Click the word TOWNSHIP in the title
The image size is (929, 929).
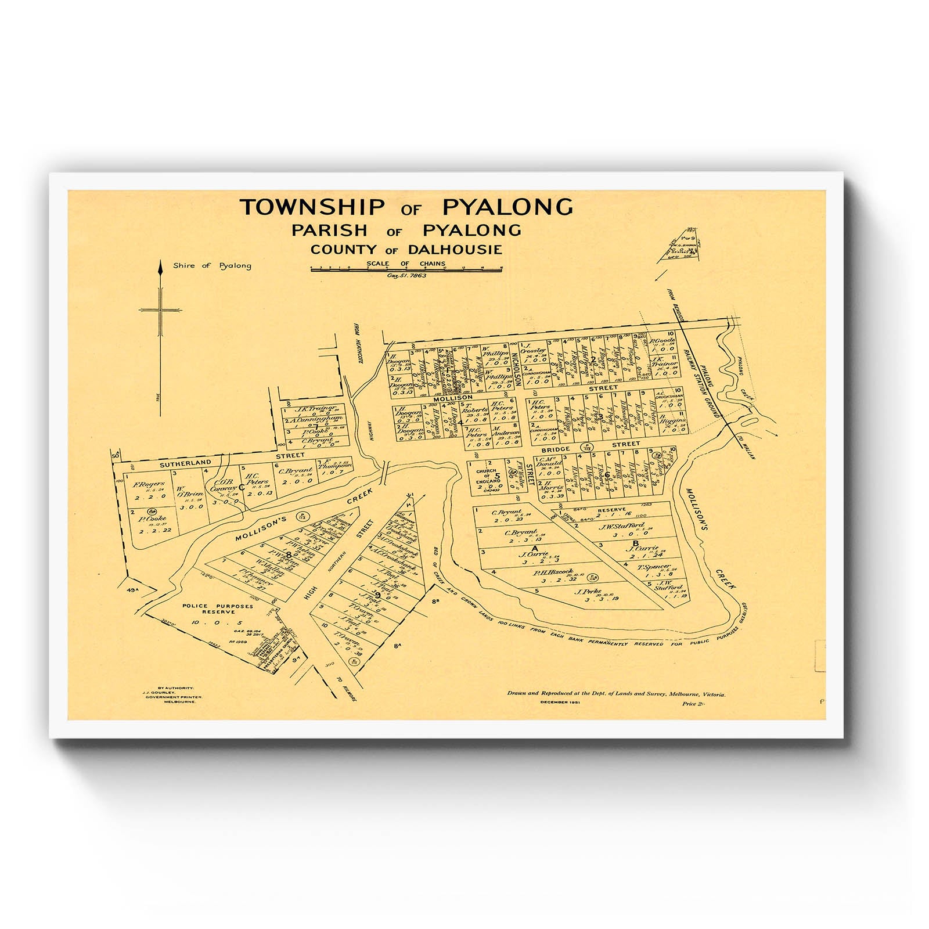click(x=312, y=207)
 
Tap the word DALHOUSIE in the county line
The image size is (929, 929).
click(x=455, y=250)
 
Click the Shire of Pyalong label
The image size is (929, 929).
click(x=212, y=266)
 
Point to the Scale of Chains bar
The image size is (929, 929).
click(x=406, y=269)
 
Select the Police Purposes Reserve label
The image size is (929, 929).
click(x=218, y=608)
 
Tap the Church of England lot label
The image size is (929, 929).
click(x=487, y=476)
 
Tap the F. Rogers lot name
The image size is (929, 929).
click(x=149, y=484)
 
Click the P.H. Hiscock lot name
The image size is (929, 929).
click(x=553, y=572)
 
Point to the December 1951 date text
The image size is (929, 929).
click(x=560, y=703)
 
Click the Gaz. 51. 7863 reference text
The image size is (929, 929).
click(x=406, y=275)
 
